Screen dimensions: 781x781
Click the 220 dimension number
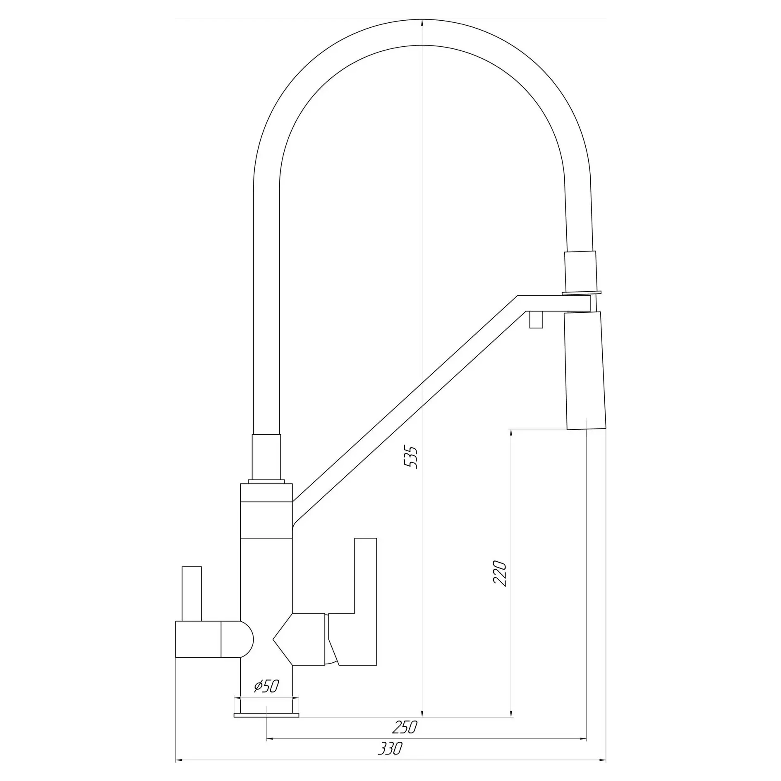pyautogui.click(x=500, y=573)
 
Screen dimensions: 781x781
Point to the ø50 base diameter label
pyautogui.click(x=266, y=686)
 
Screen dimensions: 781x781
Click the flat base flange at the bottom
pyautogui.click(x=266, y=715)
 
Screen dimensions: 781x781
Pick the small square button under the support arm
pyautogui.click(x=536, y=319)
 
